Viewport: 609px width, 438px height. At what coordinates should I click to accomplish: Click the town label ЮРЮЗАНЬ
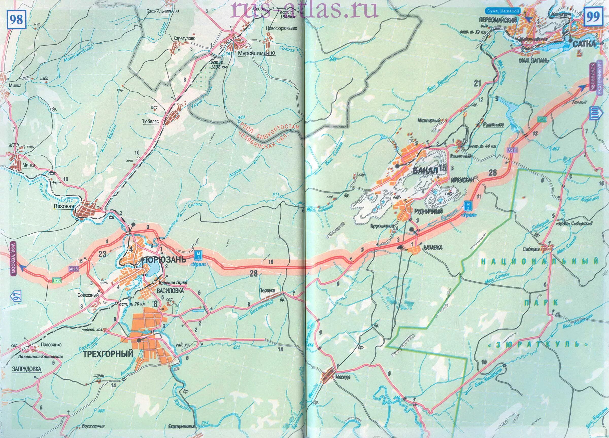(x=165, y=260)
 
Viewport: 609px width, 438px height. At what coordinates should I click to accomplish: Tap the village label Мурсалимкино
(x=257, y=53)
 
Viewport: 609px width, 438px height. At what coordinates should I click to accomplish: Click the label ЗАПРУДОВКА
(x=27, y=369)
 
